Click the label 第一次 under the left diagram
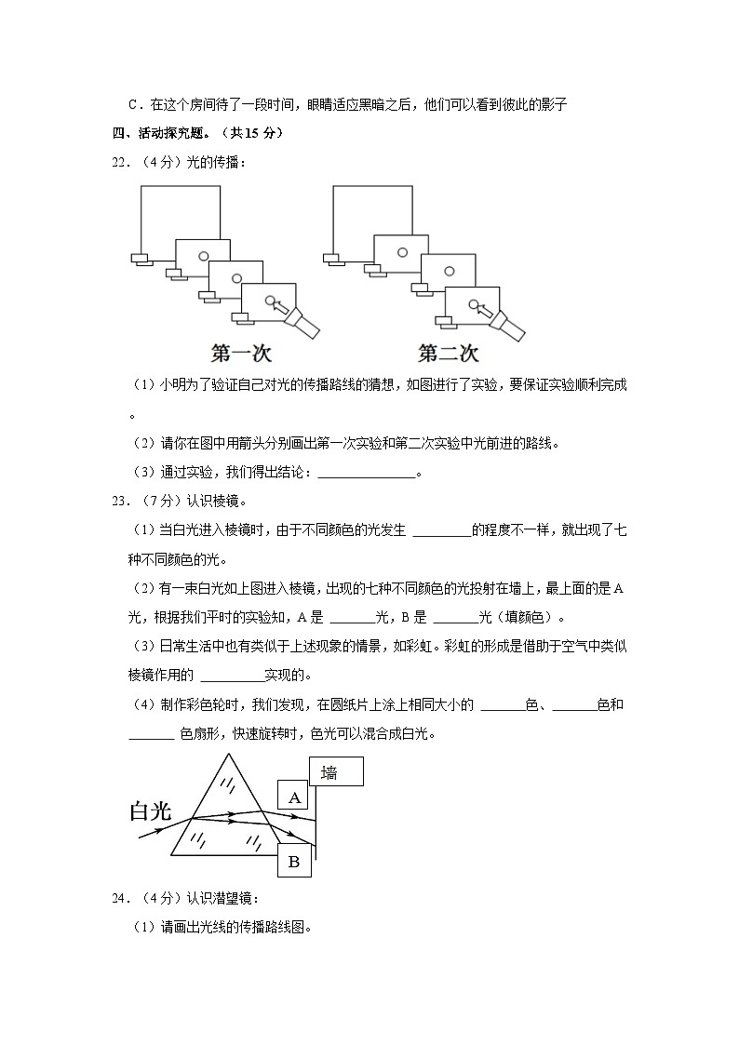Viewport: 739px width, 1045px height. (241, 354)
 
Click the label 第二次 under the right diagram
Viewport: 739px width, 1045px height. (448, 354)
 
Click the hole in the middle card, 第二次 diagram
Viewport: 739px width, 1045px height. (450, 270)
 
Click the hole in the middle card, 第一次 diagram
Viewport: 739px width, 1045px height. (237, 277)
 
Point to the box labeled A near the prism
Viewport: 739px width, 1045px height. (295, 797)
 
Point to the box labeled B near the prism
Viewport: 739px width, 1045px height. (294, 862)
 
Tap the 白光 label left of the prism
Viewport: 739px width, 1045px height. (151, 811)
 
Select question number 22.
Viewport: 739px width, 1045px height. (120, 163)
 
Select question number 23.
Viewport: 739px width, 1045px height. (120, 502)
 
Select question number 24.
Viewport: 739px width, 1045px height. (120, 898)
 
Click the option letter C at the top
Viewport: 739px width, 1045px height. (133, 104)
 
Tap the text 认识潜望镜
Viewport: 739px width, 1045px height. (222, 898)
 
